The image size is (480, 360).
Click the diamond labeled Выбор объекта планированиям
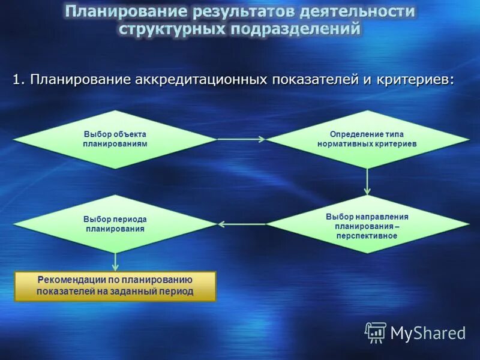[x=115, y=139]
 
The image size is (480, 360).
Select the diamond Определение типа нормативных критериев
[x=368, y=139]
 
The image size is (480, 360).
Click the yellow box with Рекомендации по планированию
[x=115, y=286]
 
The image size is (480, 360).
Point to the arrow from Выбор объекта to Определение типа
[x=240, y=139]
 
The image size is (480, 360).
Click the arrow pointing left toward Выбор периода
[x=240, y=224]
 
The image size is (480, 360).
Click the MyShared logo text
[x=428, y=332]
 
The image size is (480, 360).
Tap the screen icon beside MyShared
[x=376, y=332]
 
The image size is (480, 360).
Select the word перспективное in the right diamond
[x=367, y=236]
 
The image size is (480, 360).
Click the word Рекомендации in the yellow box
[x=67, y=280]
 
